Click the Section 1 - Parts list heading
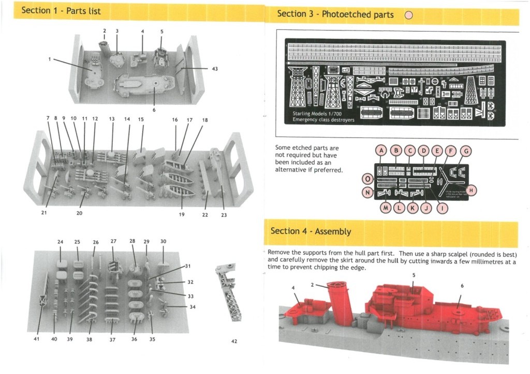click(61, 11)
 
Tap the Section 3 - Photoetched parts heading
click(335, 14)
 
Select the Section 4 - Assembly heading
click(311, 231)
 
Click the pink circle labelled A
click(381, 151)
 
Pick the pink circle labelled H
click(471, 191)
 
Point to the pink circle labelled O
click(367, 179)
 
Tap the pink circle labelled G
click(466, 151)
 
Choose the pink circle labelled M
click(385, 208)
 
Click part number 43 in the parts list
click(215, 69)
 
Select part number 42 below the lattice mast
click(234, 341)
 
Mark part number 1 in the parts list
click(50, 59)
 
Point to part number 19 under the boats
click(182, 214)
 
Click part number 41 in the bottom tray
click(36, 339)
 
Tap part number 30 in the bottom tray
click(163, 242)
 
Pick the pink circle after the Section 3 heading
click(408, 15)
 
